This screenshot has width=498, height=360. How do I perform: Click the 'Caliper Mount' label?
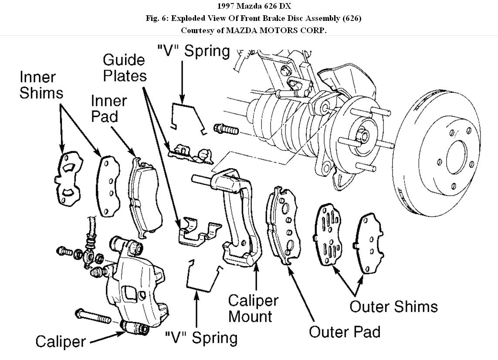tap(253, 308)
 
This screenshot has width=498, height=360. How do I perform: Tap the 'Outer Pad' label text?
tap(344, 332)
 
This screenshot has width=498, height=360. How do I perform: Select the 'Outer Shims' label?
tap(393, 306)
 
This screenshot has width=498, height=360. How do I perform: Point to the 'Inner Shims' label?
tap(41, 85)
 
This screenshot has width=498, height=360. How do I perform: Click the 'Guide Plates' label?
tap(124, 68)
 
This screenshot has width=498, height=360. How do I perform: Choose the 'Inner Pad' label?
tap(109, 109)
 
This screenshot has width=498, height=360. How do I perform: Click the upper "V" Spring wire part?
tap(187, 115)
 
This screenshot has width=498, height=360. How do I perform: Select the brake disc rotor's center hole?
tap(456, 156)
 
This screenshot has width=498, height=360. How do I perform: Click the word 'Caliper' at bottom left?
tap(61, 341)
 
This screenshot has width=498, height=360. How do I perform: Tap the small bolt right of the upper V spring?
tap(226, 129)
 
